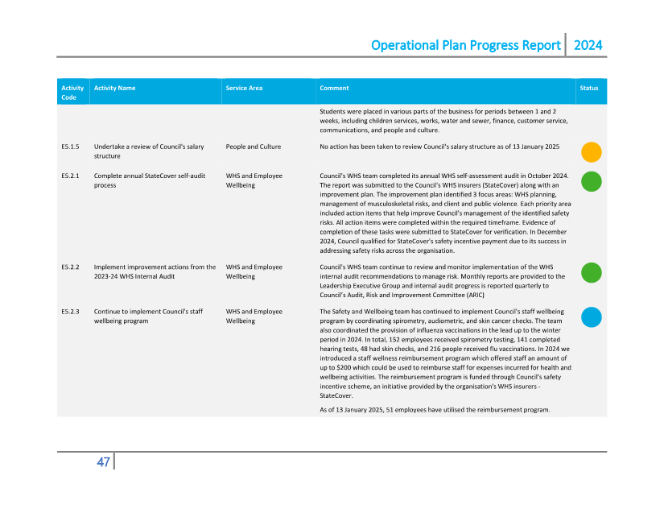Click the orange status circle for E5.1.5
[x=592, y=151]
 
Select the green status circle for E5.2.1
[x=592, y=181]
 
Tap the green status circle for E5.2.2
[x=592, y=272]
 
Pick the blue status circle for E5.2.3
[x=592, y=317]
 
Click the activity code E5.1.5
[x=70, y=147]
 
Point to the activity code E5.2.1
[x=70, y=176]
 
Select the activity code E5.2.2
[x=70, y=267]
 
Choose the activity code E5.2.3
[x=70, y=311]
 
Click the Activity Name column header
[x=114, y=88]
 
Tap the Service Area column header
[x=244, y=88]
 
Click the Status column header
[x=589, y=88]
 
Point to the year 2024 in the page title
[x=588, y=45]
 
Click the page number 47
[x=103, y=462]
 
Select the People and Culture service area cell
[x=254, y=147]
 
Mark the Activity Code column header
[x=72, y=92]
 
